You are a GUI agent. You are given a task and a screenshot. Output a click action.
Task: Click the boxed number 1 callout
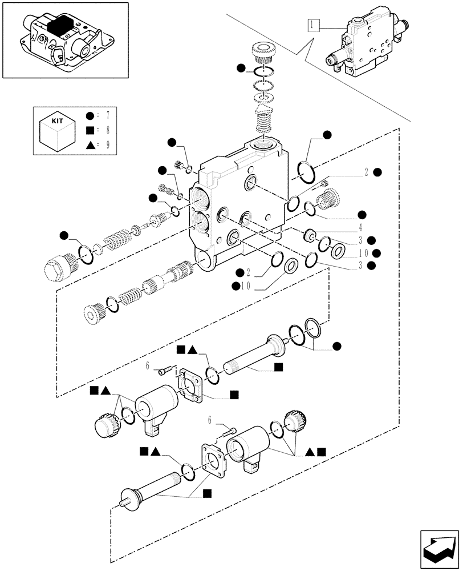click(x=313, y=25)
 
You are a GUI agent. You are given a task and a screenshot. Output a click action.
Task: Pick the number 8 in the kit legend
click(x=107, y=130)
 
